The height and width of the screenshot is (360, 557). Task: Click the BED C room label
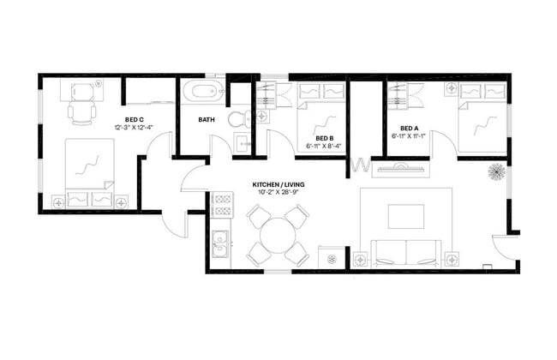[135, 119]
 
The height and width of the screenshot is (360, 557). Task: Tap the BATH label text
[207, 119]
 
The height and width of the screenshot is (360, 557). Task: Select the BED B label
[324, 138]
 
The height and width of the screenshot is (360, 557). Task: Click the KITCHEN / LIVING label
[278, 185]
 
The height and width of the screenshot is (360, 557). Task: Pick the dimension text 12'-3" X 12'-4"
[135, 128]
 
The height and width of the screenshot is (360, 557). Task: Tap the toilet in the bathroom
[239, 117]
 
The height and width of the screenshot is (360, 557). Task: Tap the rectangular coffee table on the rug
[405, 216]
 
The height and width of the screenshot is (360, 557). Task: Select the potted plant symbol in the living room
[497, 172]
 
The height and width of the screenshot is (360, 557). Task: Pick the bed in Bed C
[88, 171]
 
